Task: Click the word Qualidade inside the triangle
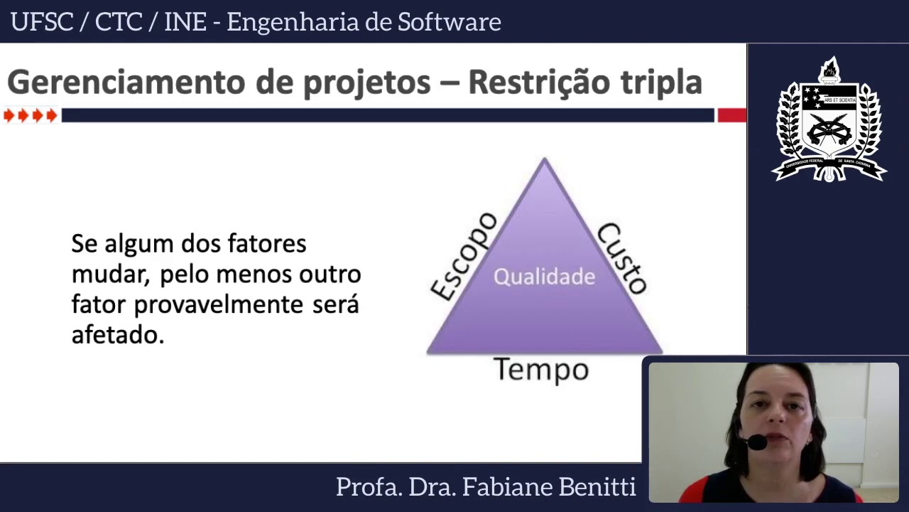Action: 544,277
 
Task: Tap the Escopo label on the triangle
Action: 465,256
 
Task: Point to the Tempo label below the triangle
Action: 541,370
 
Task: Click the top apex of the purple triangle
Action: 545,161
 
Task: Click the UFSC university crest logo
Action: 829,121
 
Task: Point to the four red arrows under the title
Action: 30,115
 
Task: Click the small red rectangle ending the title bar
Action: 731,115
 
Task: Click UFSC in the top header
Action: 42,22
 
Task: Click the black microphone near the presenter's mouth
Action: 757,442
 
